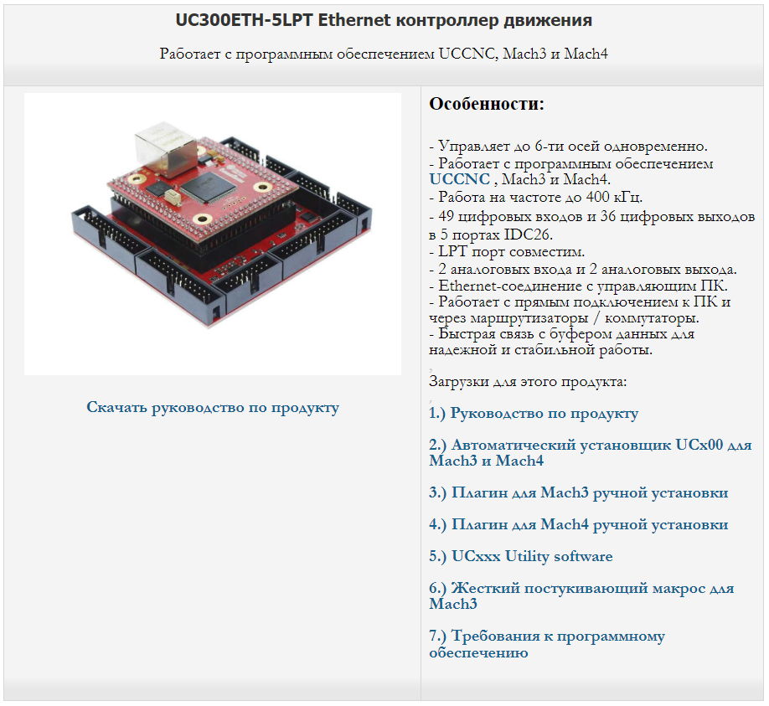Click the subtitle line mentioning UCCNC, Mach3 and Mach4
384,54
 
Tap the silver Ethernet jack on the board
166,148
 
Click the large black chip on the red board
209,187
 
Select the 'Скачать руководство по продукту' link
213,407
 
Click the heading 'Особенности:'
487,104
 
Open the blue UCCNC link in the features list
460,179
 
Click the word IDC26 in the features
528,234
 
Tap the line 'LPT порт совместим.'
507,251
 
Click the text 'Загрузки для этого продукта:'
528,381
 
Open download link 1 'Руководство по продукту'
534,414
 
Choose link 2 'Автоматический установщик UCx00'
591,452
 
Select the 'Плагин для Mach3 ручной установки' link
579,492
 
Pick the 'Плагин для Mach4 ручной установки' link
579,524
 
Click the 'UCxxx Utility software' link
521,556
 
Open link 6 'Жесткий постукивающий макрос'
581,595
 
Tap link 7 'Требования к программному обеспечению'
547,644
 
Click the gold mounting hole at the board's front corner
202,219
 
